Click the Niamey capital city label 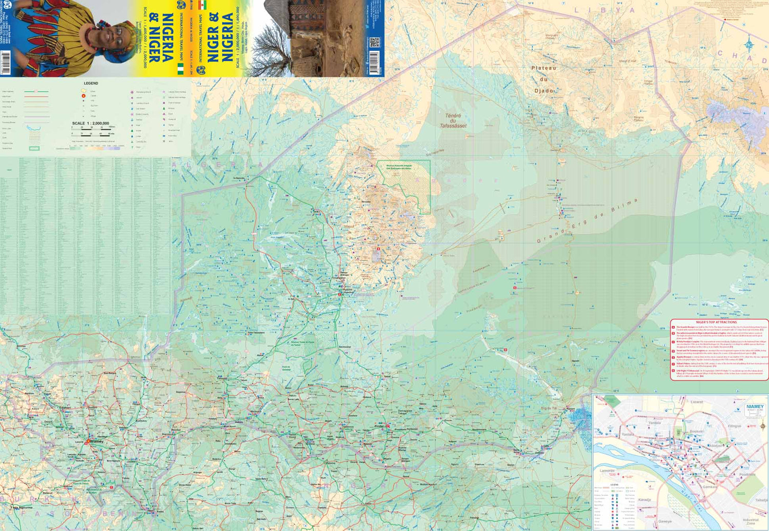[x=96, y=441]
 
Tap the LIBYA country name [x=604, y=10]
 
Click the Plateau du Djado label [x=543, y=79]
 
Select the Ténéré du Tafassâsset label [x=453, y=120]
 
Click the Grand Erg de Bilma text [x=586, y=221]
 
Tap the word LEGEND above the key [x=91, y=83]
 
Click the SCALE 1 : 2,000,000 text [x=91, y=124]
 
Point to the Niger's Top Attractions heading [x=720, y=322]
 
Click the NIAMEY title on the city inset [x=755, y=406]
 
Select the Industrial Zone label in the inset [x=751, y=522]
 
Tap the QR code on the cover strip [x=374, y=42]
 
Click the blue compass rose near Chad [x=748, y=43]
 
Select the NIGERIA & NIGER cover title [x=160, y=38]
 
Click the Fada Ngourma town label [x=23, y=507]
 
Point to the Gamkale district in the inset [x=710, y=487]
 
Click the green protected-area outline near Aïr [x=405, y=185]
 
